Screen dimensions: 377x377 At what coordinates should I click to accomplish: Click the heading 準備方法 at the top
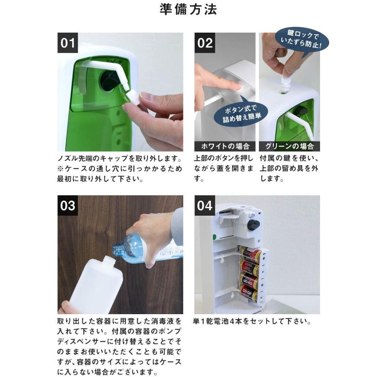(x=188, y=10)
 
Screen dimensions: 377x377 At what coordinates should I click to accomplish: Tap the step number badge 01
(x=68, y=43)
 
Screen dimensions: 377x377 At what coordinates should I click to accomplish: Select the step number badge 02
(x=205, y=43)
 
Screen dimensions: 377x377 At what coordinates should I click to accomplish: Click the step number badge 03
(x=68, y=206)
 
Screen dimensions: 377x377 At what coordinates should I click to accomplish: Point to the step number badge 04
(x=205, y=206)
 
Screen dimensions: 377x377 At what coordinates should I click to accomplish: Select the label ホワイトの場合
(x=225, y=146)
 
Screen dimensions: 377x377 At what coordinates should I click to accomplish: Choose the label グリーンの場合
(x=289, y=146)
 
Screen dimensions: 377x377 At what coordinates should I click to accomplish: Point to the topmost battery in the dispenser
(x=250, y=254)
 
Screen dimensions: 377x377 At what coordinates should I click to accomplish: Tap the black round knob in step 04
(x=253, y=225)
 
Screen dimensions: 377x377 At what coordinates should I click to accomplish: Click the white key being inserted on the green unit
(x=287, y=79)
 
